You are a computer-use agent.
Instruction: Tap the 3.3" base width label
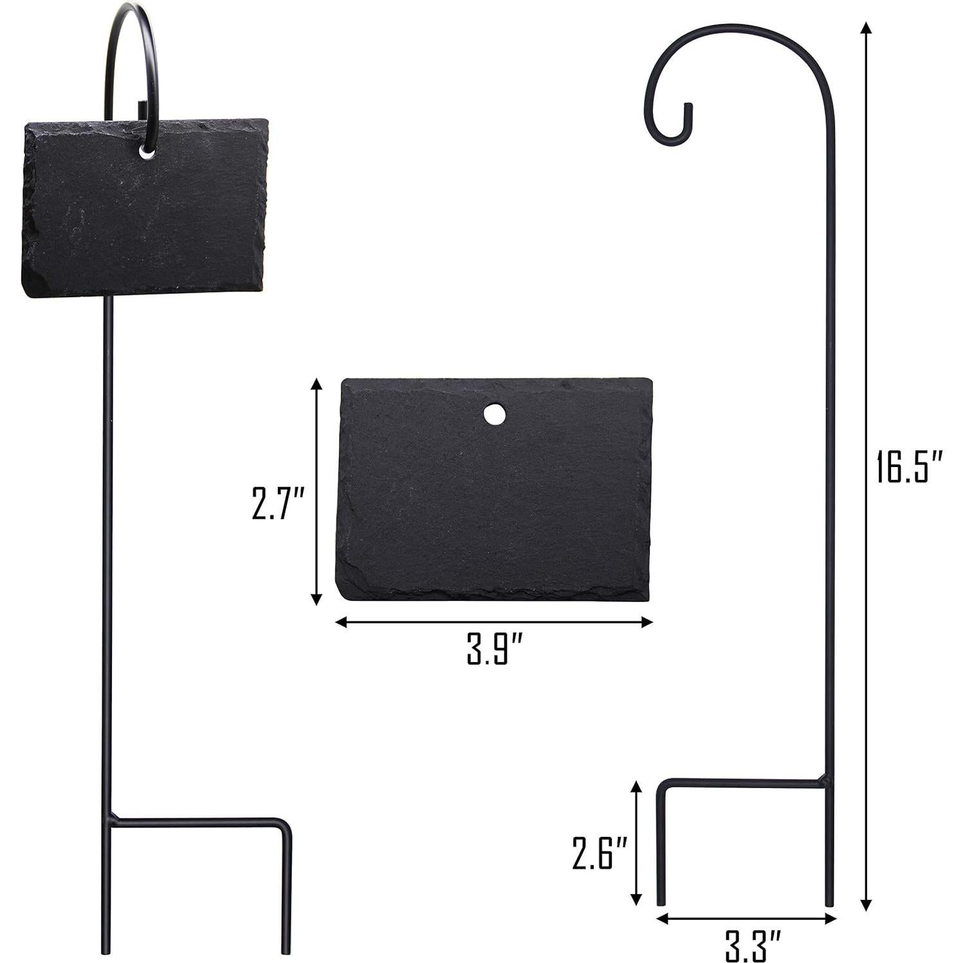point(753,945)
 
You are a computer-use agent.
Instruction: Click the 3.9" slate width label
point(495,650)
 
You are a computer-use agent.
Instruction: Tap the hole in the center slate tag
point(494,414)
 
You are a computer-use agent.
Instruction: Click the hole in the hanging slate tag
point(147,152)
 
